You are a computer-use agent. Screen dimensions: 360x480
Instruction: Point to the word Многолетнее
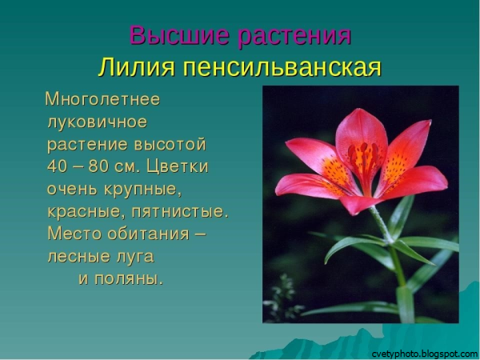(x=102, y=100)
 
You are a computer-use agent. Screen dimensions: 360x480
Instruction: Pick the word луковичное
(x=97, y=122)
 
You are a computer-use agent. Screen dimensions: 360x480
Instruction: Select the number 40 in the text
(x=58, y=167)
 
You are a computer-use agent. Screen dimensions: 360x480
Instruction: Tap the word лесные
(x=77, y=257)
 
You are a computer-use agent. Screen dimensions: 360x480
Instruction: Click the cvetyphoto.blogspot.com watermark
(x=425, y=353)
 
